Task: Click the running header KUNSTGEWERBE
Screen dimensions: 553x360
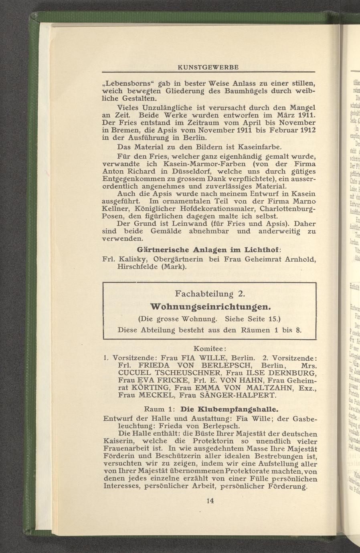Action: click(x=208, y=67)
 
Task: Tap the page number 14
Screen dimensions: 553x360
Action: click(x=210, y=501)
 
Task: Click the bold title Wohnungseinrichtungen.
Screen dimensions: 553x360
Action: click(x=210, y=307)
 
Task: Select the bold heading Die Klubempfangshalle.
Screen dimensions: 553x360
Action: click(x=230, y=410)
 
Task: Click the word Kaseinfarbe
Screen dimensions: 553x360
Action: click(x=263, y=147)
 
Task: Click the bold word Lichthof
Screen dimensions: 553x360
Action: click(x=263, y=248)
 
